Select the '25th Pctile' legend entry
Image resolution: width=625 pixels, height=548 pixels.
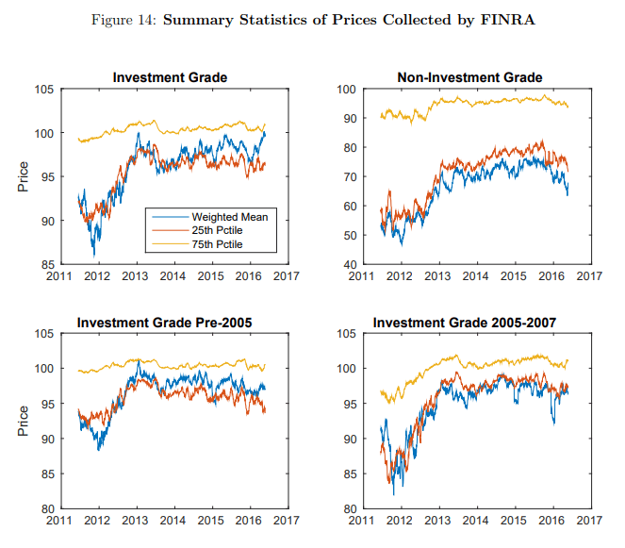(222, 230)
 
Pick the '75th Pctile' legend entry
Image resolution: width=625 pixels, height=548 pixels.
(222, 243)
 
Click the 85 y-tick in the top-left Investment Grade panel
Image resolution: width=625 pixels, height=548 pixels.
(46, 265)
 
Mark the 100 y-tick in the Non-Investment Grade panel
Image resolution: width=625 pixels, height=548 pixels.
(346, 90)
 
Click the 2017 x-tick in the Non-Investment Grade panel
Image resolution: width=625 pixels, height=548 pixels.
(589, 276)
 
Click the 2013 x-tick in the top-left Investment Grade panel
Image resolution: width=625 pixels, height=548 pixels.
(136, 276)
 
